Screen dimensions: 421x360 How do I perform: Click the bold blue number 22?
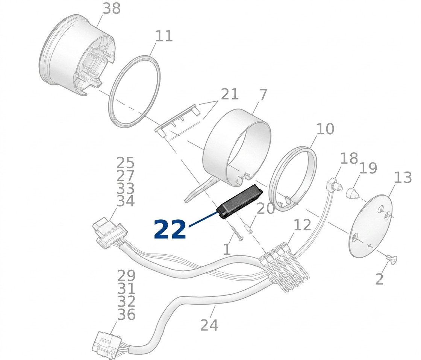(x=170, y=229)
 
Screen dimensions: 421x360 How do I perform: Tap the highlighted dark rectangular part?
(x=240, y=202)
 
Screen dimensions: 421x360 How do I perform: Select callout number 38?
(x=112, y=9)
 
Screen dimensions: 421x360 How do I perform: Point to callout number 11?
(x=164, y=36)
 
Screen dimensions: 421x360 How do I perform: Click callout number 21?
(x=230, y=94)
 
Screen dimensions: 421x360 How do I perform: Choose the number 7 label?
(x=263, y=95)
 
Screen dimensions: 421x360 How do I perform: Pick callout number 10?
(x=325, y=129)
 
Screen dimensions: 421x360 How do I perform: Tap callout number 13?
(x=403, y=178)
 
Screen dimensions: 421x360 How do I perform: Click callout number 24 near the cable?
(x=209, y=325)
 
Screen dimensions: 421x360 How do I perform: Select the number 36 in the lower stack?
(x=126, y=314)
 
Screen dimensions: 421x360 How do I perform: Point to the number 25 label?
(x=126, y=163)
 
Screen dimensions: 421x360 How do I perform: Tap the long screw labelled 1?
(x=237, y=234)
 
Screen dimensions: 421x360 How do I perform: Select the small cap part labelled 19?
(x=352, y=194)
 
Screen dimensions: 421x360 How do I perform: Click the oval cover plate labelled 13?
(x=371, y=225)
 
